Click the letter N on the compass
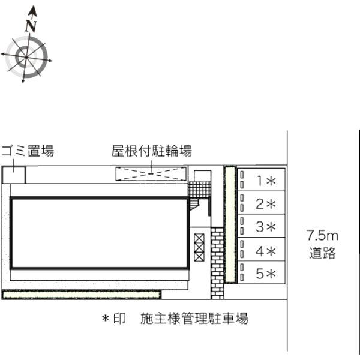pyautogui.click(x=31, y=26)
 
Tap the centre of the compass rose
pyautogui.click(x=26, y=57)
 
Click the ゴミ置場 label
pyautogui.click(x=28, y=151)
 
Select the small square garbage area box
pyautogui.click(x=14, y=175)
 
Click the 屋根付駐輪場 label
pyautogui.click(x=152, y=151)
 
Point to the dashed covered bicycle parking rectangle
pyautogui.click(x=151, y=174)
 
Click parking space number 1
pyautogui.click(x=261, y=179)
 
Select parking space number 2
pyautogui.click(x=261, y=203)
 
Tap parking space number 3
pyautogui.click(x=261, y=226)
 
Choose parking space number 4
pyautogui.click(x=261, y=249)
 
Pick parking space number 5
pyautogui.click(x=261, y=272)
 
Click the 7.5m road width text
pyautogui.click(x=322, y=236)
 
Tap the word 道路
pyautogui.click(x=322, y=253)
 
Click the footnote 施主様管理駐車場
pyautogui.click(x=194, y=319)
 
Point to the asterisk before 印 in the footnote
pyautogui.click(x=106, y=319)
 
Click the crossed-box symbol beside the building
pyautogui.click(x=199, y=247)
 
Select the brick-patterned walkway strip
pyautogui.click(x=217, y=263)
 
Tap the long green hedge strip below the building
pyautogui.click(x=82, y=295)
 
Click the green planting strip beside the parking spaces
pyautogui.click(x=230, y=224)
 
